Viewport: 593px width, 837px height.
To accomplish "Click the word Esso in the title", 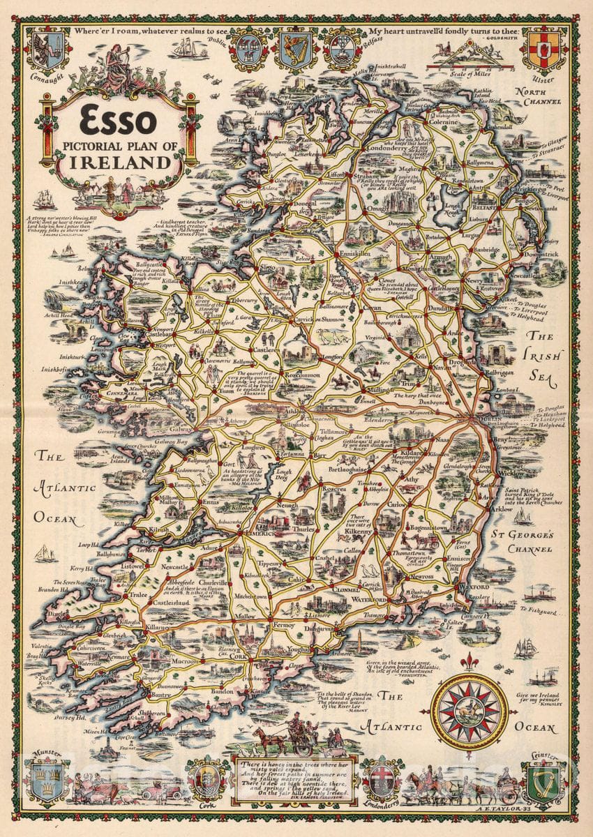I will [x=117, y=122].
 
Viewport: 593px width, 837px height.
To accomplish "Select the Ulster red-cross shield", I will [x=544, y=49].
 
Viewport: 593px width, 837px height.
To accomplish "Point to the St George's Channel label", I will [x=541, y=542].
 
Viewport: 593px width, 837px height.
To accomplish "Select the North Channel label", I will [x=538, y=96].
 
